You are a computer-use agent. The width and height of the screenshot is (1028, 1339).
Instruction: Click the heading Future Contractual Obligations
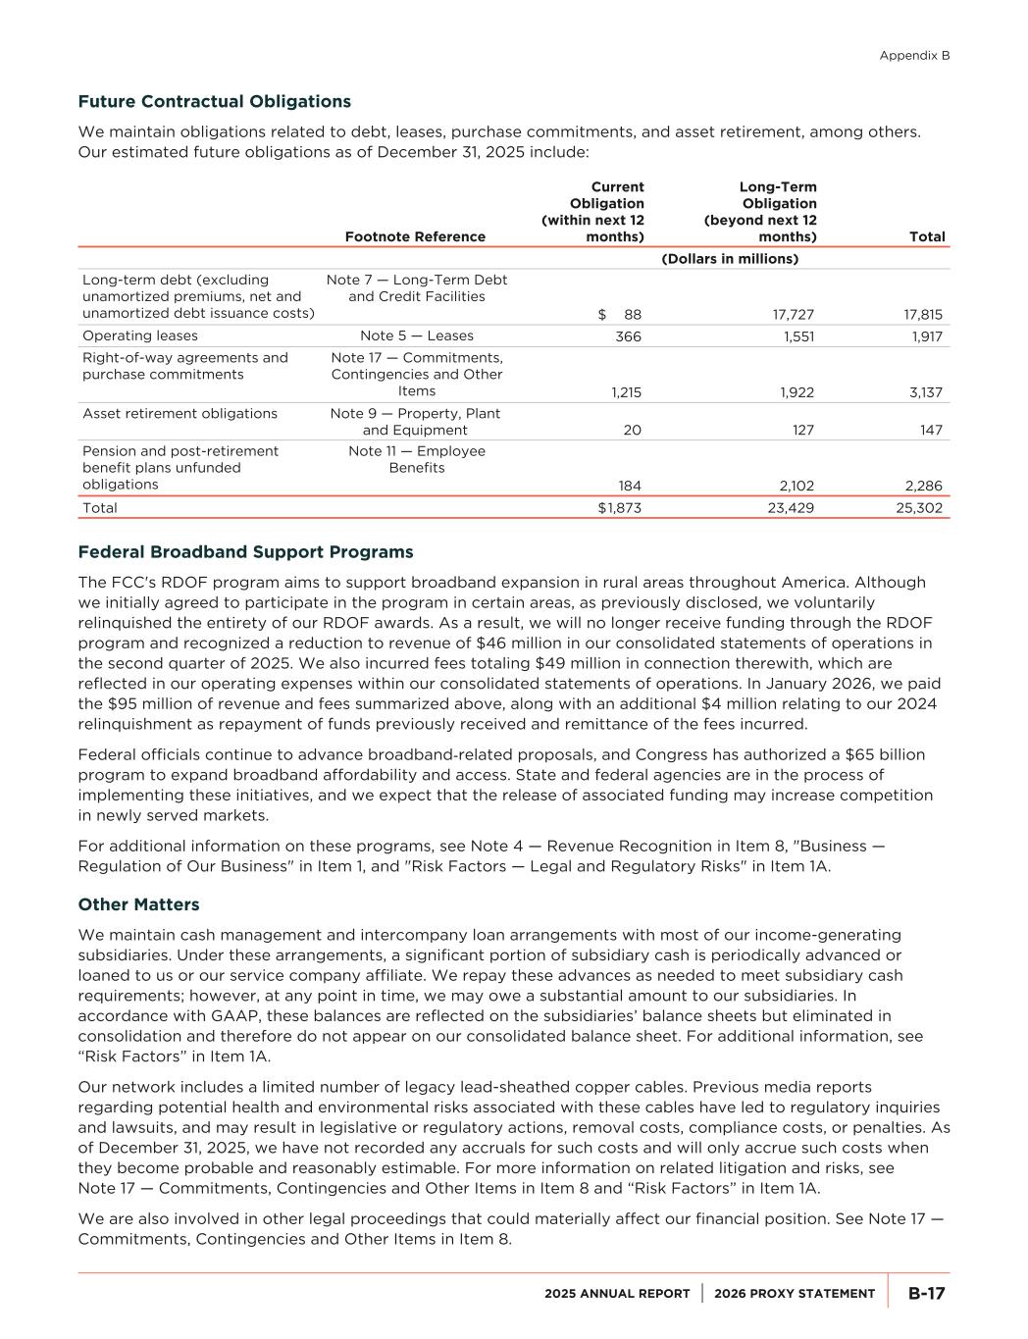[x=214, y=101]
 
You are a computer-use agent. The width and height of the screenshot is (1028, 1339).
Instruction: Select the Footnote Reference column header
[x=415, y=236]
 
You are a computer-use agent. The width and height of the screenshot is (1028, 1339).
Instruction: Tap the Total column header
[x=927, y=236]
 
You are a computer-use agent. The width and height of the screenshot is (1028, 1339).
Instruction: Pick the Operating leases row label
[x=140, y=335]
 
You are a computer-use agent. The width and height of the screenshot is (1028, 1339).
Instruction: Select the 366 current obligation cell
[x=627, y=335]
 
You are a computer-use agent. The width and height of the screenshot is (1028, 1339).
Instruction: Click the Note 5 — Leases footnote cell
[x=416, y=335]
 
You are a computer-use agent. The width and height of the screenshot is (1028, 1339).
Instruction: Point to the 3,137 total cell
[x=925, y=392]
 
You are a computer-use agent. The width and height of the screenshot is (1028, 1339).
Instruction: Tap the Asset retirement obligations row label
[x=180, y=413]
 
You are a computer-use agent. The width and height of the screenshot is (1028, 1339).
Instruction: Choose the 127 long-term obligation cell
[x=801, y=430]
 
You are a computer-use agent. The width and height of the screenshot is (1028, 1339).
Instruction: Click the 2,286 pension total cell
[x=923, y=486]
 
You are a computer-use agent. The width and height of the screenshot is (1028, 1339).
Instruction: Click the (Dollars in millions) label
[x=730, y=259]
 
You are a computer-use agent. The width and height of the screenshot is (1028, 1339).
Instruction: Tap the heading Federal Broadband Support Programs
[x=245, y=551]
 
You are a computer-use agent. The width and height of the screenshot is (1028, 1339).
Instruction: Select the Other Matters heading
[x=138, y=904]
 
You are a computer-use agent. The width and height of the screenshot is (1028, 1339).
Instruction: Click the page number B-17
[x=926, y=1293]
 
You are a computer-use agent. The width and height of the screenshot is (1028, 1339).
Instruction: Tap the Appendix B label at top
[x=914, y=56]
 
